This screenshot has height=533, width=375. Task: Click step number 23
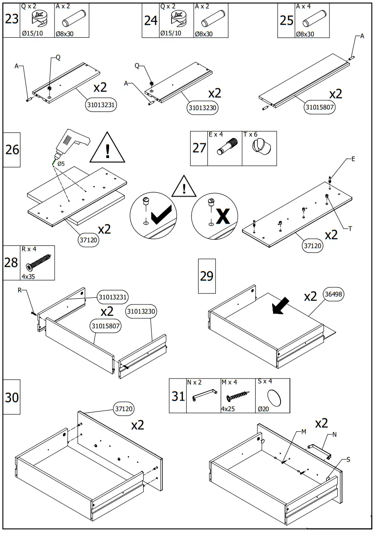[12, 20]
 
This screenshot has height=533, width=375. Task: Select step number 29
[207, 276]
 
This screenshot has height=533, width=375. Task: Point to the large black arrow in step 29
[281, 307]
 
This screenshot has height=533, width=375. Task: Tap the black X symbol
[223, 216]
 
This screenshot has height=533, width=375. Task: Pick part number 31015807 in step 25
[320, 107]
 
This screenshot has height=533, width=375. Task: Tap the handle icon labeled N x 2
[203, 395]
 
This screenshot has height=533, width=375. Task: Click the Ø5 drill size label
[61, 164]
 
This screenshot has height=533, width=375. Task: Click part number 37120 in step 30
[124, 408]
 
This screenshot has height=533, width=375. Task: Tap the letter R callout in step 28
[20, 290]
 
